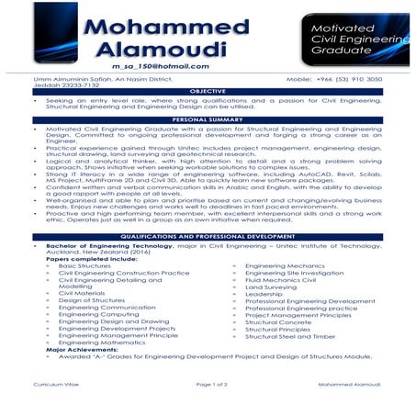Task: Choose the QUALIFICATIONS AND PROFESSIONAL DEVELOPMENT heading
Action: pos(207,237)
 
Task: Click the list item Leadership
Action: pos(264,294)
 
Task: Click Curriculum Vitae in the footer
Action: pos(52,387)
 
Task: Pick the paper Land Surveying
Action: pos(272,287)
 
